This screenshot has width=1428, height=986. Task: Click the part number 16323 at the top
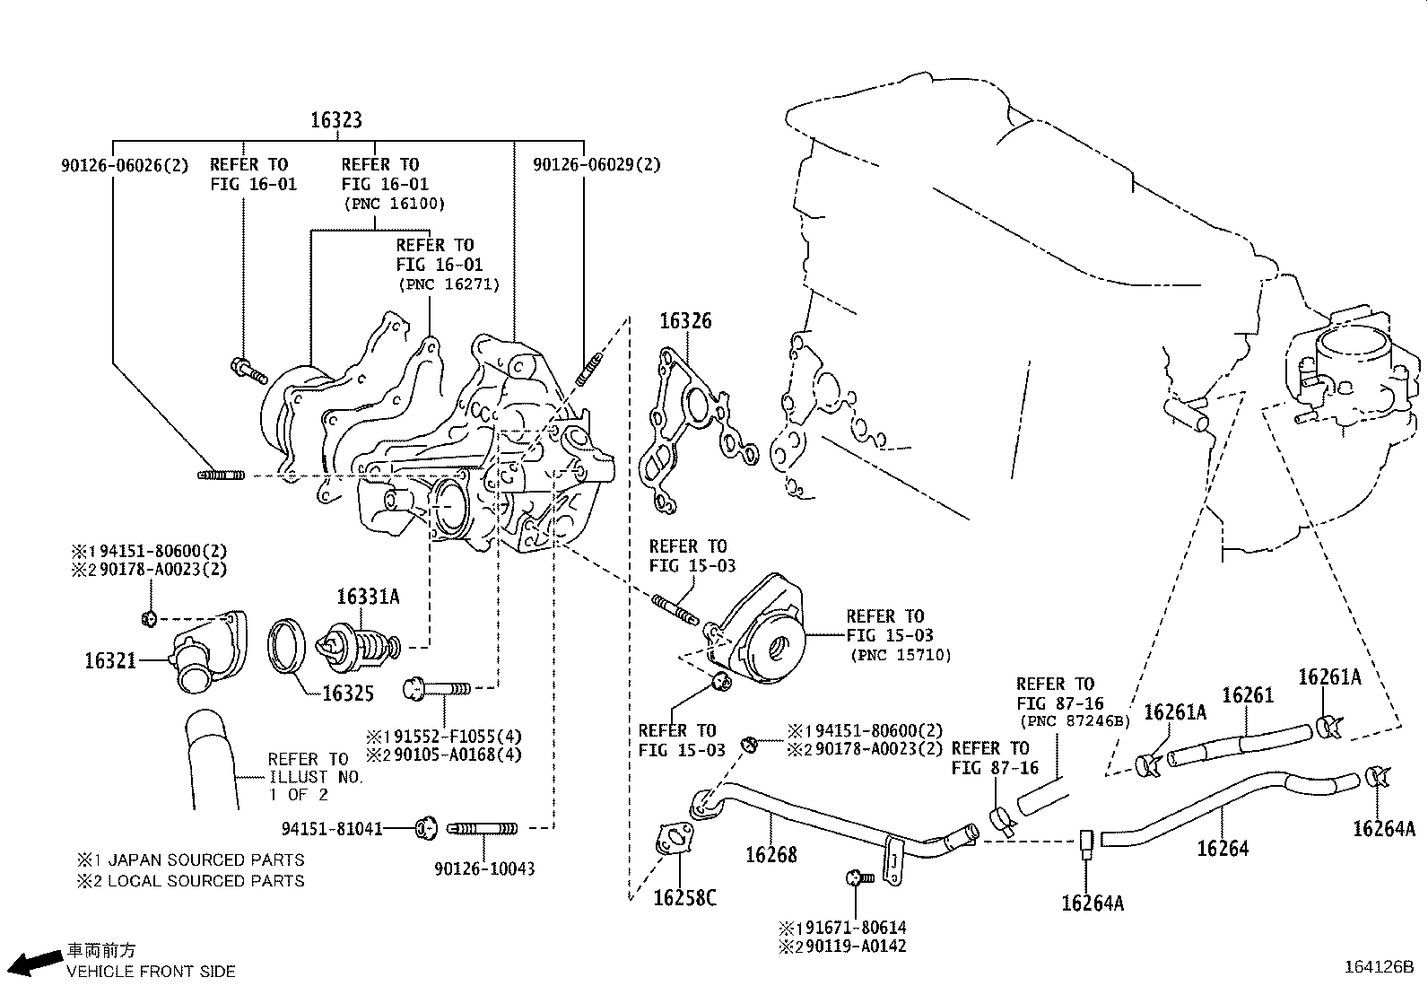coord(336,119)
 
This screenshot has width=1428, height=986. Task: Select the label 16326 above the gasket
coord(686,321)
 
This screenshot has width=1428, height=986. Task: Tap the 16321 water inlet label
coord(110,661)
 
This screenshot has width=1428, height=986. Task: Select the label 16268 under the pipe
coord(771,854)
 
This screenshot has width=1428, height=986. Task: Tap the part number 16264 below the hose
coord(1222,848)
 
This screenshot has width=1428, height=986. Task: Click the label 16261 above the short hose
coord(1247,695)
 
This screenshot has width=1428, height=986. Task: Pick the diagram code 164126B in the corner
coord(1378,967)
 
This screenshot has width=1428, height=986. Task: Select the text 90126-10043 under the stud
coord(483,868)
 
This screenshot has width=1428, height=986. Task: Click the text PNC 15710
coord(900,655)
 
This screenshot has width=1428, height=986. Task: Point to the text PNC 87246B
coord(1073,720)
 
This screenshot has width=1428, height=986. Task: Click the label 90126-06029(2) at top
coord(596,165)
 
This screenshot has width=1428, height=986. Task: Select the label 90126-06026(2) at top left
coord(125,165)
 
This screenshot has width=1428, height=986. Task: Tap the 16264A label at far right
coord(1383,829)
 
